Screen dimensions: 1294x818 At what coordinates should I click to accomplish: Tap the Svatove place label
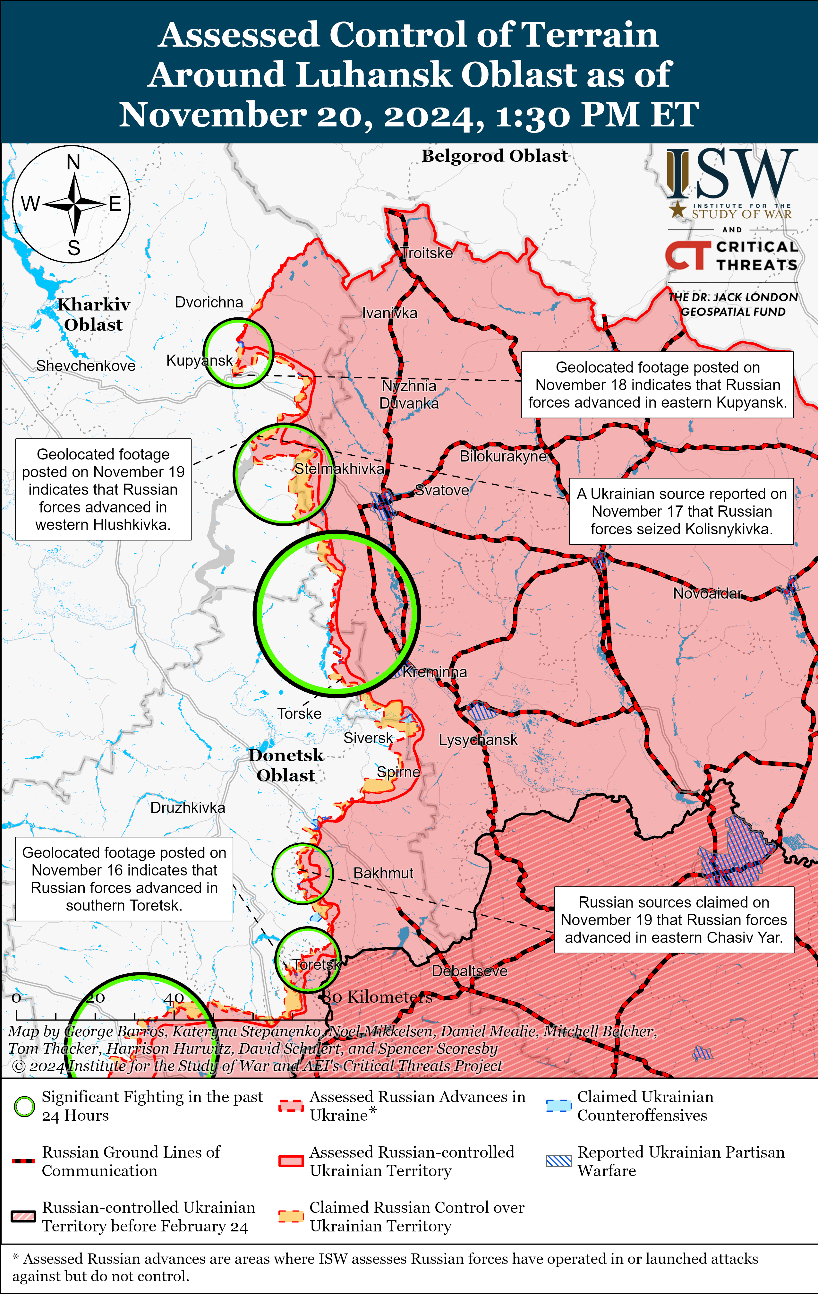pyautogui.click(x=442, y=490)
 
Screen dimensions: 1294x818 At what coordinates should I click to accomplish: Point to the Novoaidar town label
pyautogui.click(x=707, y=593)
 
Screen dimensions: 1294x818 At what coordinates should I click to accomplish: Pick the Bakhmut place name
pyautogui.click(x=383, y=873)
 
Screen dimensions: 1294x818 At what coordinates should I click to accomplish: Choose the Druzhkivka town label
pyautogui.click(x=187, y=808)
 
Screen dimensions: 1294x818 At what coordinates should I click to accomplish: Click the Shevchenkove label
pyautogui.click(x=86, y=366)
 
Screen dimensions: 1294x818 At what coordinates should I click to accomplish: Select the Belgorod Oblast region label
pyautogui.click(x=494, y=156)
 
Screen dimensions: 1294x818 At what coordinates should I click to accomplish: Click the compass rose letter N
pyautogui.click(x=73, y=162)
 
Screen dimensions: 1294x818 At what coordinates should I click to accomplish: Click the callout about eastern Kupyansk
pyautogui.click(x=657, y=385)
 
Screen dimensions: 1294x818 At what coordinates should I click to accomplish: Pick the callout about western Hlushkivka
pyautogui.click(x=103, y=489)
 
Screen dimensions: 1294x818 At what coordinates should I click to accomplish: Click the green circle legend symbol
pyautogui.click(x=24, y=1107)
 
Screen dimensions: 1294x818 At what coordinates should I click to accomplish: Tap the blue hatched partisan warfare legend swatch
pyautogui.click(x=558, y=1161)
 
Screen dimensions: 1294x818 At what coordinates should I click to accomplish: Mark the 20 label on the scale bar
pyautogui.click(x=96, y=998)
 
